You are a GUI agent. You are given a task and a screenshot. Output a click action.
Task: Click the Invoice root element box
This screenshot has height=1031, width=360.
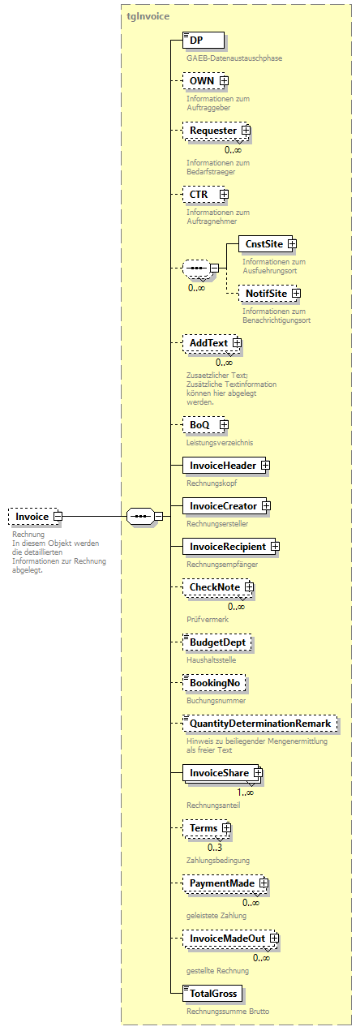tap(32, 516)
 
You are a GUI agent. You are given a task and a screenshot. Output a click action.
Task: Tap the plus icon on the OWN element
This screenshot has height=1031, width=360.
tap(224, 81)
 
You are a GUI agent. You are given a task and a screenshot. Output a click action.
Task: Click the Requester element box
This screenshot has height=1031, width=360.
tap(212, 131)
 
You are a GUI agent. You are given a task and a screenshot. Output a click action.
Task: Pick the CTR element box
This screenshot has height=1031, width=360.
tap(199, 195)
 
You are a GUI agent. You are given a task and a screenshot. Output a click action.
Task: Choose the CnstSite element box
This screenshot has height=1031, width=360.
tap(263, 244)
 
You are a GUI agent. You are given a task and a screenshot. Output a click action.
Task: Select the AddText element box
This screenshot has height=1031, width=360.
tap(208, 344)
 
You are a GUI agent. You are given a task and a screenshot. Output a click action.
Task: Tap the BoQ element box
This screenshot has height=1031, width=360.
tap(199, 424)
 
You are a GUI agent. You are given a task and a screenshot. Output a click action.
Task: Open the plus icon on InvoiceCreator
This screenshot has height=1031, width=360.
tap(265, 506)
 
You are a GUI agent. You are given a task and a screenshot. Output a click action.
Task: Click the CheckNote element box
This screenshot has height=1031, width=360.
tap(213, 587)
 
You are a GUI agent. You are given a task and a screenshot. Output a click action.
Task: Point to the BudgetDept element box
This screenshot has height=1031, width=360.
tap(216, 642)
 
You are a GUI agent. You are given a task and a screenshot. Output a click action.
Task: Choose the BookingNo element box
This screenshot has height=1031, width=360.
tap(214, 683)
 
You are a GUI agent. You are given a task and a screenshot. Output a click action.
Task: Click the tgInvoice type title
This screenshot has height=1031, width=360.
tap(148, 15)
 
